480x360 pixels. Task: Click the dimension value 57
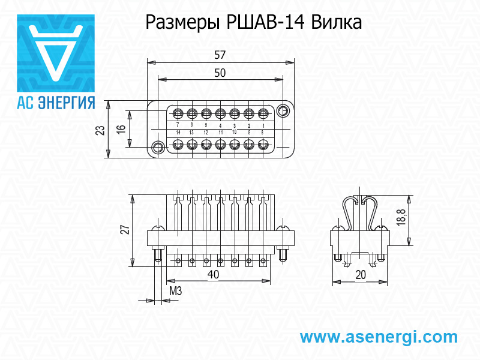[220, 55]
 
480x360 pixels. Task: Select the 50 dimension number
[220, 73]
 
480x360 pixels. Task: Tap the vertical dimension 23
[100, 130]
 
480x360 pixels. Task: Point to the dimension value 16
[121, 129]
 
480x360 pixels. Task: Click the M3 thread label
[175, 292]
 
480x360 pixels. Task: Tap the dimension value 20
[361, 275]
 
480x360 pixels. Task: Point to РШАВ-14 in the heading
[266, 23]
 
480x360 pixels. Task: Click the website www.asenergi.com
[379, 337]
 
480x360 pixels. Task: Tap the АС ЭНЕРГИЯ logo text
[56, 102]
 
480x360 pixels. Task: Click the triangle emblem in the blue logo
[56, 51]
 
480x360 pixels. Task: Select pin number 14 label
[178, 132]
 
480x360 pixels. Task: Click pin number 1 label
[263, 125]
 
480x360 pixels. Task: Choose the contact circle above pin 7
[178, 113]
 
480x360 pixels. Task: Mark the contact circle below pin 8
[263, 145]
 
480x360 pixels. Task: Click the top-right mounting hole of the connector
[283, 110]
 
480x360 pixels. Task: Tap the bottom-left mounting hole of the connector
[158, 148]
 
